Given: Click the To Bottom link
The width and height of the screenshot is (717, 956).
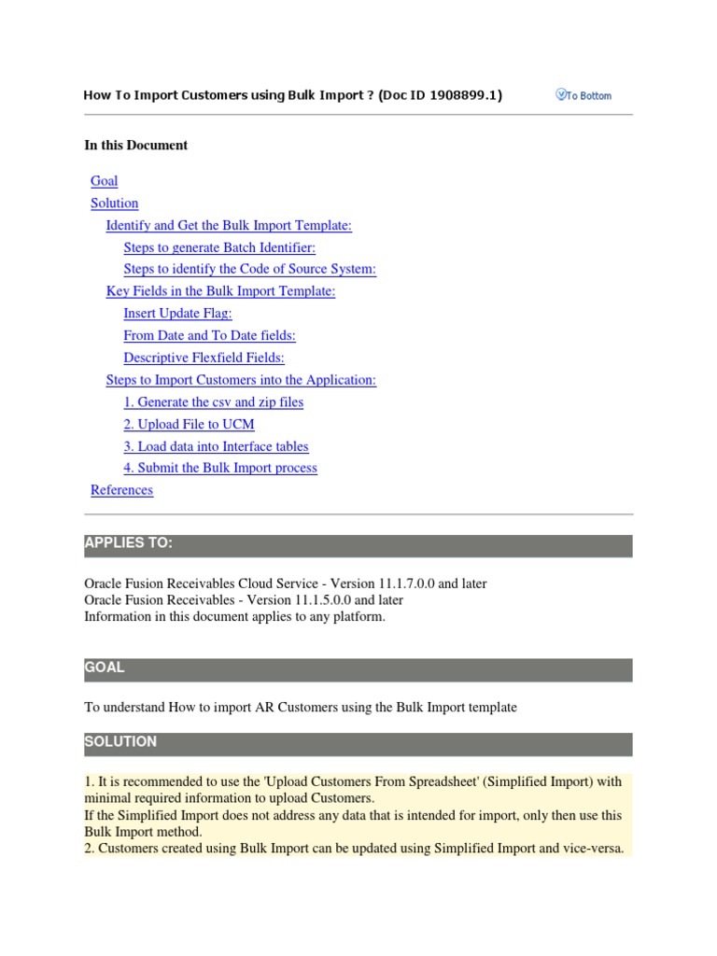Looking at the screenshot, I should coord(584,95).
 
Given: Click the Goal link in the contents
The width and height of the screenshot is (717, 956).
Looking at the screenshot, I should coord(105,181).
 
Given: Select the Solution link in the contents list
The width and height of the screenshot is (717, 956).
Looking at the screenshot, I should coord(114,204).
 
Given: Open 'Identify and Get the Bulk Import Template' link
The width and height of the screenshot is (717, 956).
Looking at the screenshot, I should coord(229,225).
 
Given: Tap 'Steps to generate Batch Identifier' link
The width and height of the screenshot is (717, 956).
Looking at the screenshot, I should coord(219,247).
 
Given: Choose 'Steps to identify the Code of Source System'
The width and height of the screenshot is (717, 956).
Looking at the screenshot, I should coord(249,269).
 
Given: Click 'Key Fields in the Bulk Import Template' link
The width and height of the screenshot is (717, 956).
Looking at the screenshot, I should coord(220,291).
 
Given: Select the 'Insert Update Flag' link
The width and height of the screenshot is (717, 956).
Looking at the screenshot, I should coord(177,314).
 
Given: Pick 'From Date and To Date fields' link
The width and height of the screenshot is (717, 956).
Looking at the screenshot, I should coord(209,335).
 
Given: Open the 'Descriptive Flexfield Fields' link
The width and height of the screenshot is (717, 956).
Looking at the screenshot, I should coord(204,358).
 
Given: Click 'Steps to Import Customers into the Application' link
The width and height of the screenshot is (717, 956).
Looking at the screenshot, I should coord(241,380).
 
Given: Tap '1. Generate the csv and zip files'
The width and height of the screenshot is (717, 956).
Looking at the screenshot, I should coord(213,402).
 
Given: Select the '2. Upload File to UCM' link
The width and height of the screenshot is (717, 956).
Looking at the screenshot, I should coord(189,424).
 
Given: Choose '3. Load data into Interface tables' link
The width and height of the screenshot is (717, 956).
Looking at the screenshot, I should coord(216,446).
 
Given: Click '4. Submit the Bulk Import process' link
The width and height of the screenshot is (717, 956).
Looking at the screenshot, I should coord(220,468).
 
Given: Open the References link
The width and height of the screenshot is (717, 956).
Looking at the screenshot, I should coord(121,490).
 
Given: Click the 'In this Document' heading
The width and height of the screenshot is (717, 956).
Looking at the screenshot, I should coord(135,145).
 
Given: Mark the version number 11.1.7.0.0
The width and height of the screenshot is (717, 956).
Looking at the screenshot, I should coord(402,583).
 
